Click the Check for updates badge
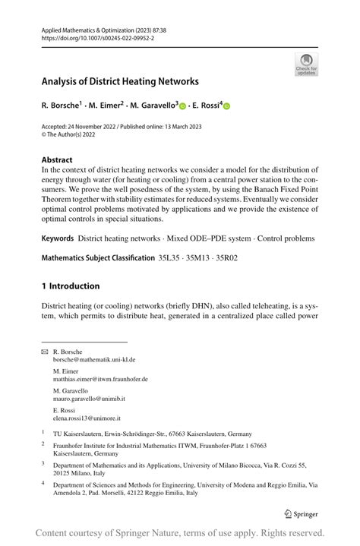click(306, 64)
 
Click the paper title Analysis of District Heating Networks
click(120, 81)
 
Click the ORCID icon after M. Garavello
click(182, 106)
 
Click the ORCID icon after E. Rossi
click(226, 106)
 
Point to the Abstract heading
click(57, 160)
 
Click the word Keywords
click(58, 238)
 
